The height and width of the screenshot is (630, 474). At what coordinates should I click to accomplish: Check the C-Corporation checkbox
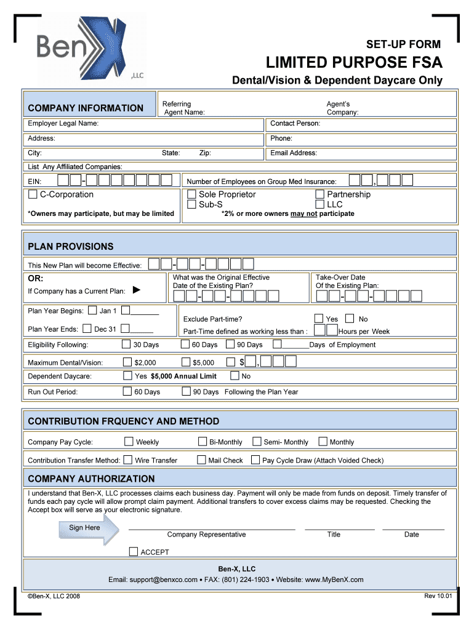33,195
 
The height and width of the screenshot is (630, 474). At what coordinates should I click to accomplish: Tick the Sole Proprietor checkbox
192,195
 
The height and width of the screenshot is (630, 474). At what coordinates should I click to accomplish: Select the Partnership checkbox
320,195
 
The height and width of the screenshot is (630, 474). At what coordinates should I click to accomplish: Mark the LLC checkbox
320,205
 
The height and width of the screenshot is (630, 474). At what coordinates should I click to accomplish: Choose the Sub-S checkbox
192,205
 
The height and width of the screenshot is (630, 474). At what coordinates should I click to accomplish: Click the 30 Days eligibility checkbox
126,345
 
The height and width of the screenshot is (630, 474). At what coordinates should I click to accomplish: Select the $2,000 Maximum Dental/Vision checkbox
127,362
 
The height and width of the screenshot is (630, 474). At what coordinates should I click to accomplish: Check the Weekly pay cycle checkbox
129,441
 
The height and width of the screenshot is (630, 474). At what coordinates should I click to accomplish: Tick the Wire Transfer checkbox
127,460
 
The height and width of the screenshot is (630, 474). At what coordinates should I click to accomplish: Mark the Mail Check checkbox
201,460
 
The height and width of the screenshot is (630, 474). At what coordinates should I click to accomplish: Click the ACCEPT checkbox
134,551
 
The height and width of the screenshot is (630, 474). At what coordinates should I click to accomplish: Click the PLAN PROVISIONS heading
71,247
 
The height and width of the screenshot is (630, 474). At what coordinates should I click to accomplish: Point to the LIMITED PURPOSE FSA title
354,63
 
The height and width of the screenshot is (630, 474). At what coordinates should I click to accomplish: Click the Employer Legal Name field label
63,124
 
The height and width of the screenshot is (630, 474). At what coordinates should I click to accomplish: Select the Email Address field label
294,153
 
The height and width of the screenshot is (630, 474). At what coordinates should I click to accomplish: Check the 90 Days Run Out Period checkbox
187,391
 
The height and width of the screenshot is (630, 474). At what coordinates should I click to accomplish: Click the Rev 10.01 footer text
438,596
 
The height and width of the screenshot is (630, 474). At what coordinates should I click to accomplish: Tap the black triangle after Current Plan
137,290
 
